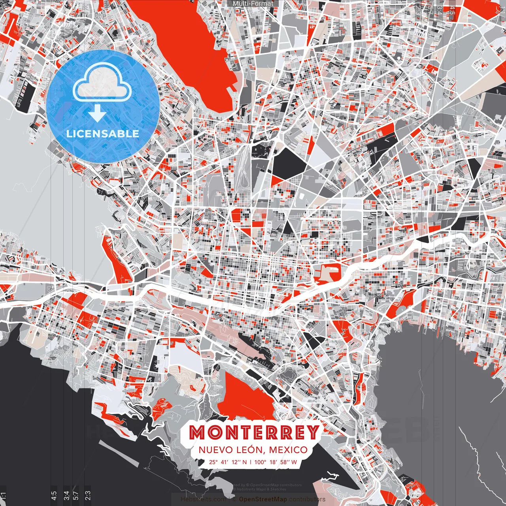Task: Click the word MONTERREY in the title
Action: (254, 432)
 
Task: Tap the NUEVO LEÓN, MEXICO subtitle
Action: (253, 450)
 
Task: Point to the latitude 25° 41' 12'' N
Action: (228, 462)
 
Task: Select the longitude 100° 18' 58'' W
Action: (276, 462)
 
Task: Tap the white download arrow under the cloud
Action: (97, 113)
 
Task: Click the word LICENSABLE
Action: (103, 134)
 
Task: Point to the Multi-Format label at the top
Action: (253, 4)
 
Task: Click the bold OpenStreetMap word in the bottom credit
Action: (262, 500)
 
